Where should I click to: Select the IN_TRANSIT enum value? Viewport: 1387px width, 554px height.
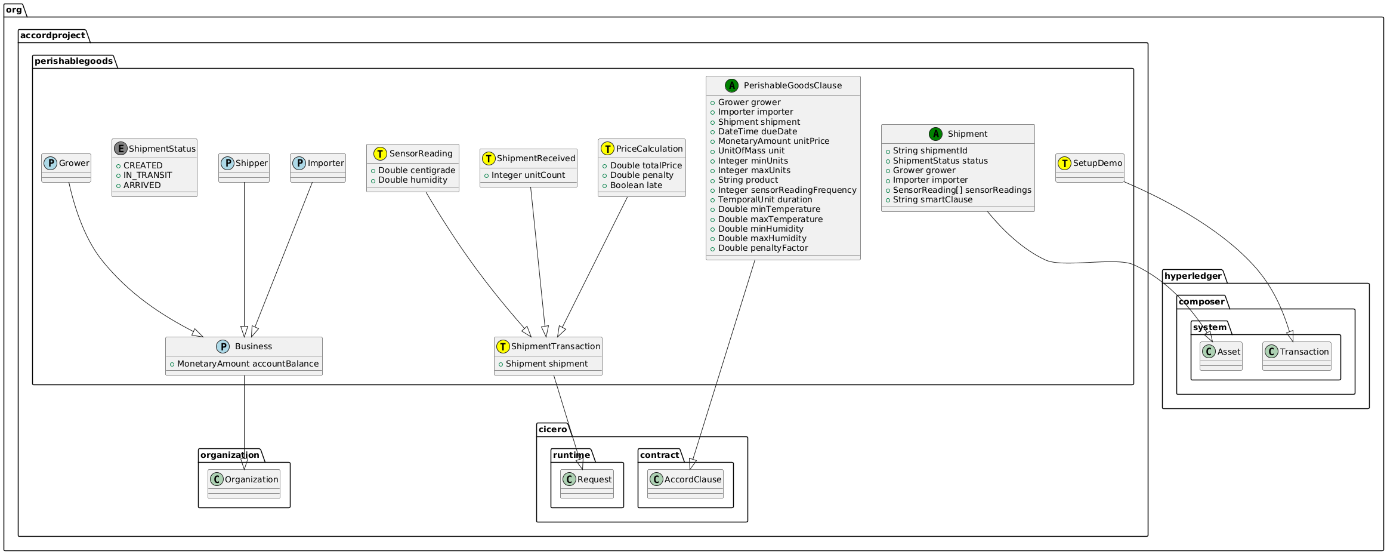tap(147, 175)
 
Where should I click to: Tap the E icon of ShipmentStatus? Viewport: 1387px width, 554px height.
tap(121, 149)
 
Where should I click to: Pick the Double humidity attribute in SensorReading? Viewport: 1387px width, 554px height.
tap(412, 180)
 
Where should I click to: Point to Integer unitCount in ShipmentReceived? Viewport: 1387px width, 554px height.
tap(528, 175)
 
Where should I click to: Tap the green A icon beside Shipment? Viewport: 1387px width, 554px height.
tap(935, 134)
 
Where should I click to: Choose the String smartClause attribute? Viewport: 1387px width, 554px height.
tap(932, 199)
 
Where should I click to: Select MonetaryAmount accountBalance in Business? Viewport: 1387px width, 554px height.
tap(248, 364)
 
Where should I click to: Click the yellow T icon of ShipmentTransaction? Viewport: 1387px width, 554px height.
tap(503, 346)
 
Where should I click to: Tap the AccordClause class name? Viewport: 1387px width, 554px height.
tap(693, 479)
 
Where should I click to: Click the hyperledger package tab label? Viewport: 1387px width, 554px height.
tap(1194, 276)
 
